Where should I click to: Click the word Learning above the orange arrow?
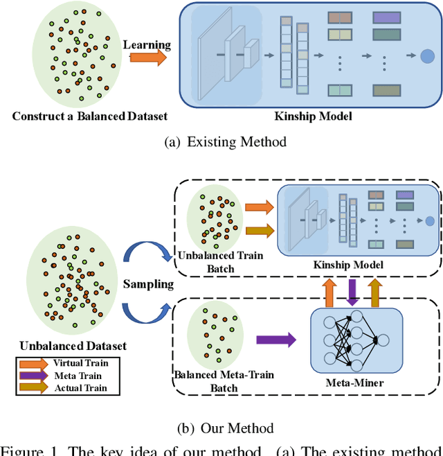(147, 44)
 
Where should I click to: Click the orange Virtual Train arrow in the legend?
(35, 362)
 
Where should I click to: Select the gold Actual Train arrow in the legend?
(35, 387)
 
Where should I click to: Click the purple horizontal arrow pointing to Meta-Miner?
(275, 340)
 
